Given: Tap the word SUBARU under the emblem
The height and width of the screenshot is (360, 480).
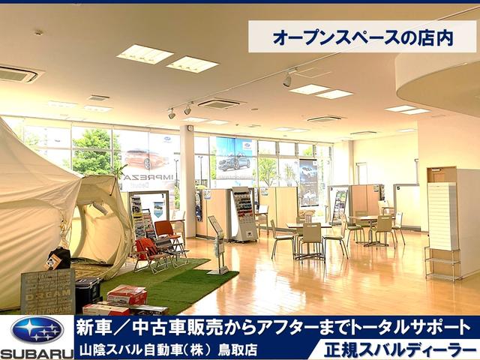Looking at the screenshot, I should click(x=37, y=352).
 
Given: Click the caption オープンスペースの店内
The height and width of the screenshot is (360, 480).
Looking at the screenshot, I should click(x=362, y=36).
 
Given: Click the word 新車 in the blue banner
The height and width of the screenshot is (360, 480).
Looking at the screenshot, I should click(x=94, y=327).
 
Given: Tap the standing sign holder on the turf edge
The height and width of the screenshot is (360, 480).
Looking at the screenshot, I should click(x=217, y=244).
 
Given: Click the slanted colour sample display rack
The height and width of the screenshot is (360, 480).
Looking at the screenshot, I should click(x=244, y=213).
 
